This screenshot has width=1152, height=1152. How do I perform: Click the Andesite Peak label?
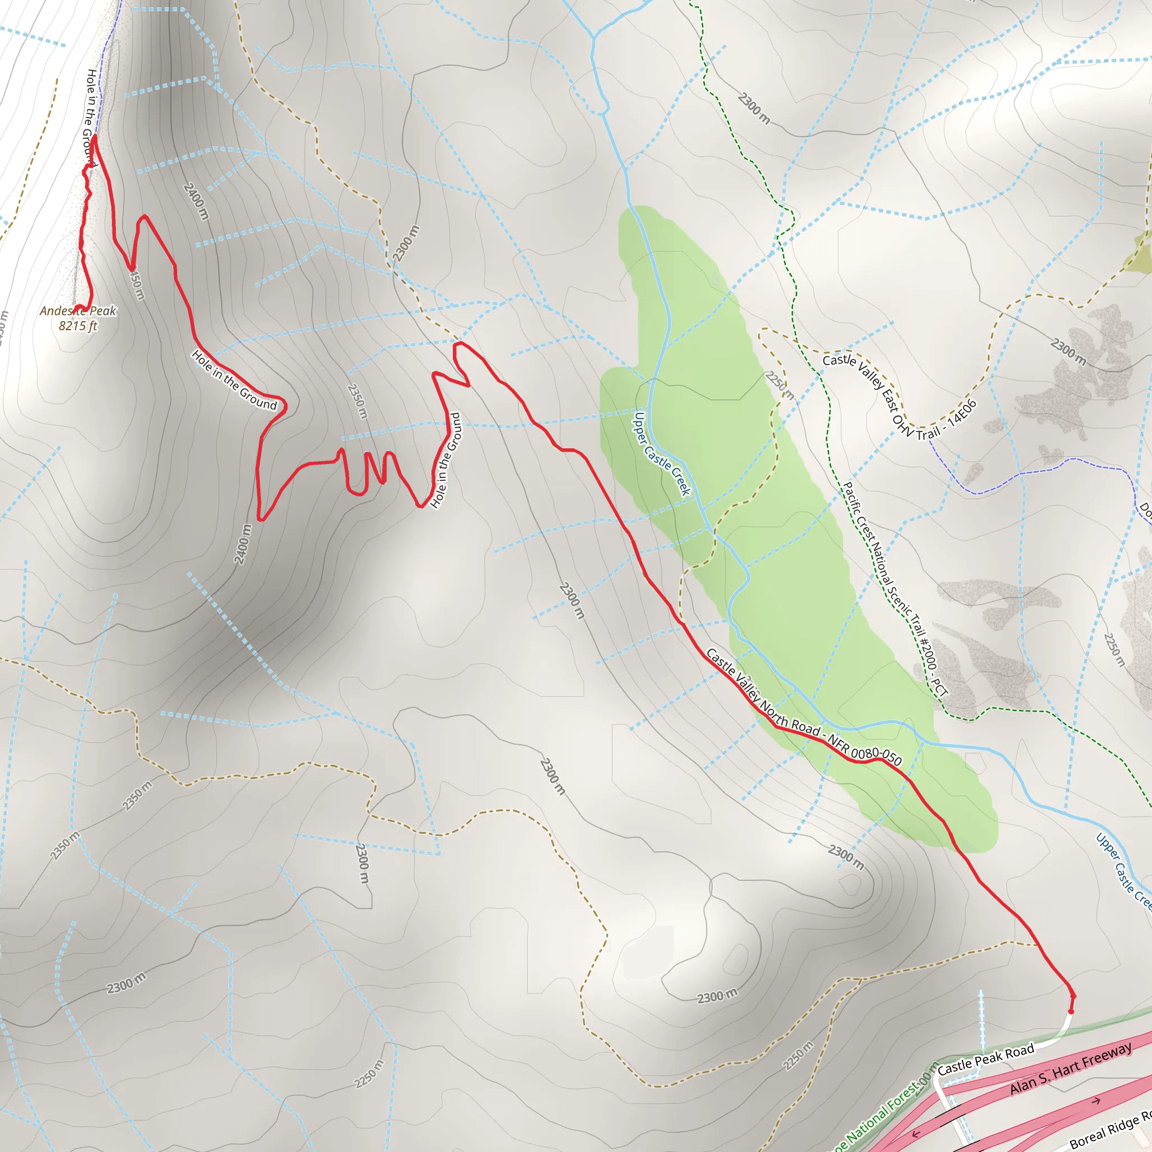pyautogui.click(x=78, y=310)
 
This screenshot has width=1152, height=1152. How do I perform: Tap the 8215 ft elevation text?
pyautogui.click(x=78, y=326)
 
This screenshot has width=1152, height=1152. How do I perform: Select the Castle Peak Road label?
pyautogui.click(x=985, y=1060)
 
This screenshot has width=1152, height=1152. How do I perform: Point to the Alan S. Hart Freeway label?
pyautogui.click(x=1070, y=1069)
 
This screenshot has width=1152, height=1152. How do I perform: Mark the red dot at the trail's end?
pyautogui.click(x=1071, y=1011)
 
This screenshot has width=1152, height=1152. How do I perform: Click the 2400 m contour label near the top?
pyautogui.click(x=196, y=201)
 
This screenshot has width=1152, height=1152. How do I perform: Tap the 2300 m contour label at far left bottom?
pyautogui.click(x=127, y=983)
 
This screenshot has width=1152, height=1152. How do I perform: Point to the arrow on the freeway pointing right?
pyautogui.click(x=1095, y=1101)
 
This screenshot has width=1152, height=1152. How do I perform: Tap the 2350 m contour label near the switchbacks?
pyautogui.click(x=357, y=400)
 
